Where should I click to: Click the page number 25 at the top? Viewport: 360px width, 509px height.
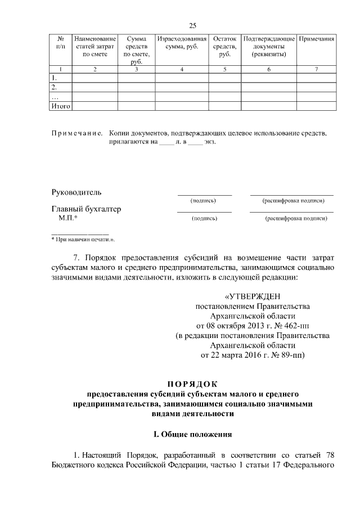[x=192, y=26]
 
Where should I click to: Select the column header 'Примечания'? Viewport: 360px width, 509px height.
[x=317, y=39]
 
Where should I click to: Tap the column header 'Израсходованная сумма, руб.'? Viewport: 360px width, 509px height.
[x=182, y=43]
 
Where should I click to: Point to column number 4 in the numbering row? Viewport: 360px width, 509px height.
[x=182, y=69]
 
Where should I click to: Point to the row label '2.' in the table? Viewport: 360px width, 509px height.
[x=54, y=88]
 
